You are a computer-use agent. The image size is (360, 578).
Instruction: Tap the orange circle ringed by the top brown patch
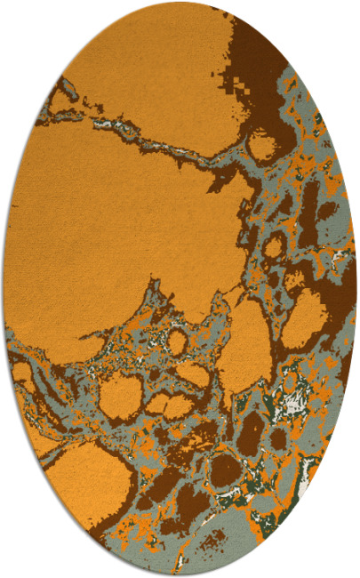262,143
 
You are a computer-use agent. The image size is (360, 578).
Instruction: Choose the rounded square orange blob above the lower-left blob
121,396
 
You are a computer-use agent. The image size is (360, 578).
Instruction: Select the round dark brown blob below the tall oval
226,470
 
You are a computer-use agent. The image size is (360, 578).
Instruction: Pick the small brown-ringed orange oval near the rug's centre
178,341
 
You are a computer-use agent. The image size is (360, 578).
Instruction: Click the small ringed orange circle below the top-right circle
275,245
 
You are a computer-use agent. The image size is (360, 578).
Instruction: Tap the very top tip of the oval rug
180,3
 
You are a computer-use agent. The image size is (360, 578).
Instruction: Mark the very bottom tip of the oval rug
180,575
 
